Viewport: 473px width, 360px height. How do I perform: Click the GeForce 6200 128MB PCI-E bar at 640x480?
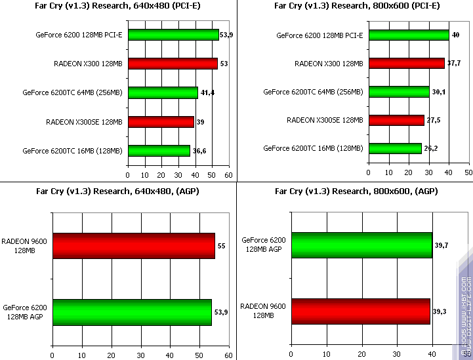tap(173, 35)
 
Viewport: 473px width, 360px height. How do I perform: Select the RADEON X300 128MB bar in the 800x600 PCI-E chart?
tap(407, 63)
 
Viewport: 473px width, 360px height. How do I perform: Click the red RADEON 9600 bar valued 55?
tap(133, 246)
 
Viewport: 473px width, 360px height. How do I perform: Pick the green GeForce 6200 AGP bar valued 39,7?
tap(362, 245)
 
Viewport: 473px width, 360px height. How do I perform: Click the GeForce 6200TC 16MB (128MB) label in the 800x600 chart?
tap(313, 149)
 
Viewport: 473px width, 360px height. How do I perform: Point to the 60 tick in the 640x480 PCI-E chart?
tap(228, 176)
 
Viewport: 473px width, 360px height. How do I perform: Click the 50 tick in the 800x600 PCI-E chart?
tap(468, 172)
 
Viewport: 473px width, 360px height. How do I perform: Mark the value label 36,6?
tap(200, 151)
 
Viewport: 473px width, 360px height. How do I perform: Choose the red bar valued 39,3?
tap(361, 311)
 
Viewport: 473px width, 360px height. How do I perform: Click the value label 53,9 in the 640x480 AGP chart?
tap(221, 312)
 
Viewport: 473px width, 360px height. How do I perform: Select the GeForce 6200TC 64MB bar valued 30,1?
tap(399, 92)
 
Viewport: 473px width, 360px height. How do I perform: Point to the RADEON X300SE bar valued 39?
tap(161, 121)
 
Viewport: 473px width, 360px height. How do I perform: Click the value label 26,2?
tap(432, 149)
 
